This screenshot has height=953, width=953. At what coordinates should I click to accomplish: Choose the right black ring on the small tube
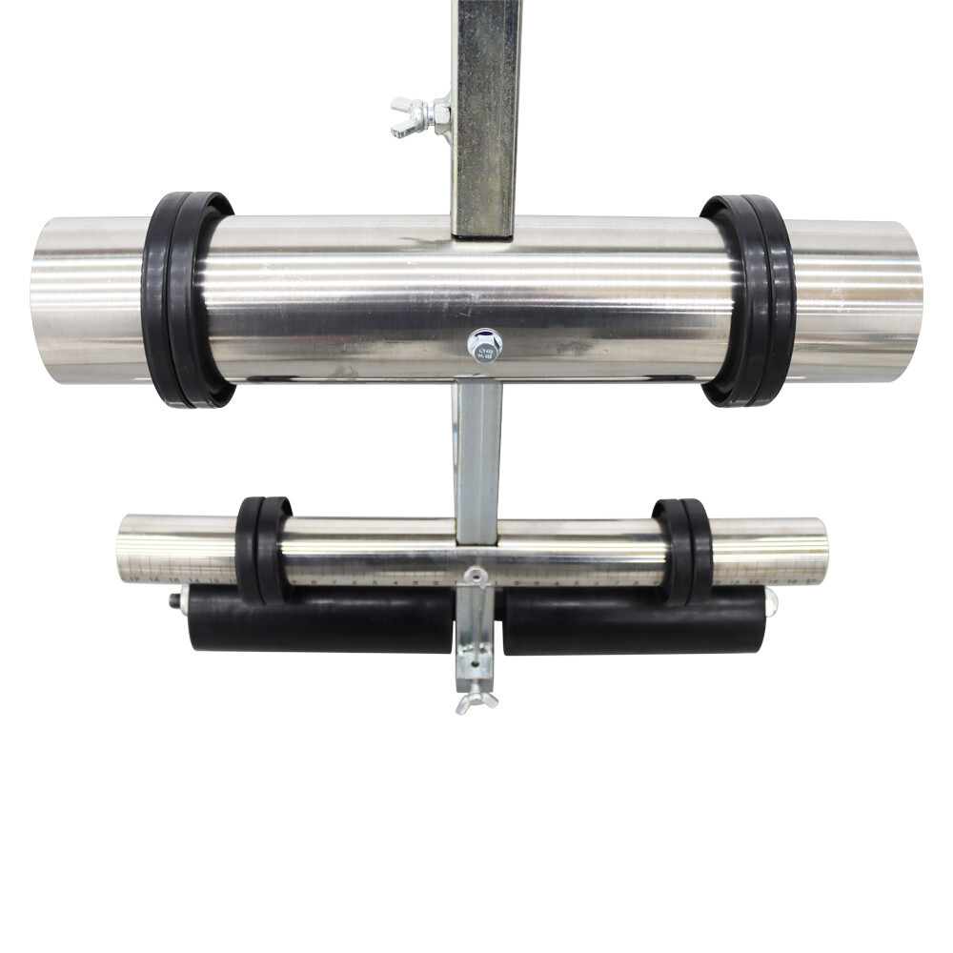[682, 552]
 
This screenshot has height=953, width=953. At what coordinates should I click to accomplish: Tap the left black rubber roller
[320, 619]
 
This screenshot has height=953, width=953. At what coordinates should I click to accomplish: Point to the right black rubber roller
[633, 619]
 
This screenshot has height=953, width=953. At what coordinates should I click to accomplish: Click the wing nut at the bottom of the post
[476, 703]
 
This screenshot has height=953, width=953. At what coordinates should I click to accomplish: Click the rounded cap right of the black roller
[770, 601]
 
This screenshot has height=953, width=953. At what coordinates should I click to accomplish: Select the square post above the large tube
[486, 114]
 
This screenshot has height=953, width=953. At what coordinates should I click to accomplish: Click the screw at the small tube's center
[475, 575]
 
